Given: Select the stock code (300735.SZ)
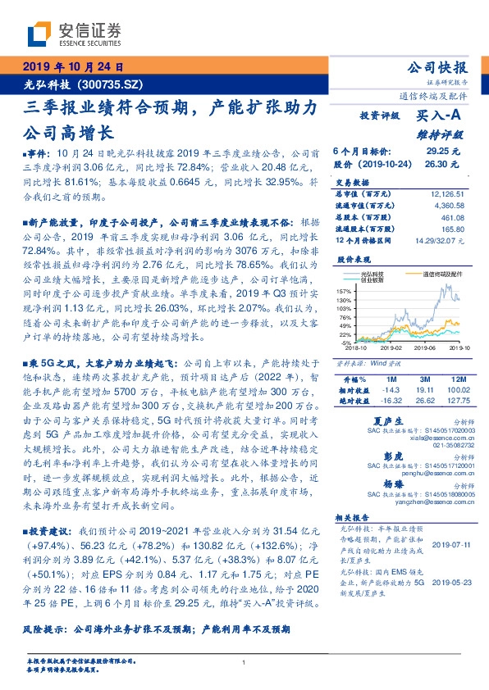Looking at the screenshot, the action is (x=110, y=84).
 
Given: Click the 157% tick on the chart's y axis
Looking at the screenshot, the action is (x=343, y=291).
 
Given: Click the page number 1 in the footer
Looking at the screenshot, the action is (x=244, y=662).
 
